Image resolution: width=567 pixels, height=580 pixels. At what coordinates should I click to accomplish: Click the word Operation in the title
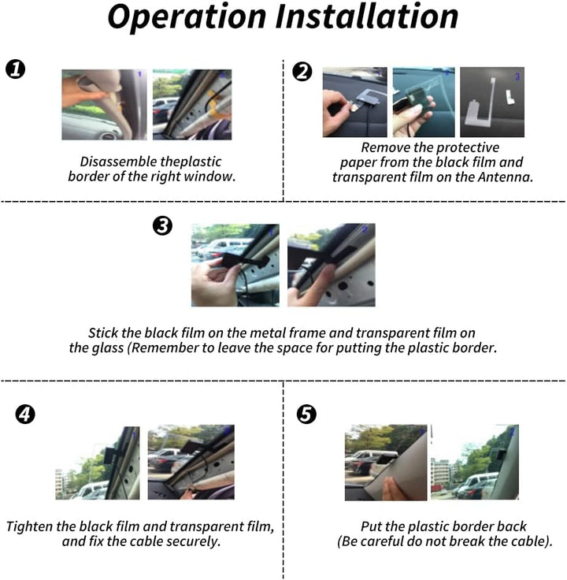click(187, 18)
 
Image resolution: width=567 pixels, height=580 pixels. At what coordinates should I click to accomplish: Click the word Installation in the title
click(367, 17)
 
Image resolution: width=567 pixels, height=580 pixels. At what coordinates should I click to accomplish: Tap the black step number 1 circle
click(16, 69)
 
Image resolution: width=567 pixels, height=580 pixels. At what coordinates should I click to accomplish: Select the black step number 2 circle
click(302, 72)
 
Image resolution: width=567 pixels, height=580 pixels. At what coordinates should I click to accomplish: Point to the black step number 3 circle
click(163, 225)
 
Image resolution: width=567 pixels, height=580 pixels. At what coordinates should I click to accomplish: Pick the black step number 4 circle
click(25, 415)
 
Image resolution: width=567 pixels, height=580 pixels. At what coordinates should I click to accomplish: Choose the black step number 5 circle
click(306, 414)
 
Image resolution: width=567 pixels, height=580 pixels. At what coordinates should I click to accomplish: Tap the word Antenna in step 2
click(505, 177)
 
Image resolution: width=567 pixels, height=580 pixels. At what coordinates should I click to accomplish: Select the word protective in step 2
click(466, 148)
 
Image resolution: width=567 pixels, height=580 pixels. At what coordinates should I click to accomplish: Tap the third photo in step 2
click(492, 102)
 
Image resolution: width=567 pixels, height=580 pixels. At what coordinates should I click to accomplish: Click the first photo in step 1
click(104, 105)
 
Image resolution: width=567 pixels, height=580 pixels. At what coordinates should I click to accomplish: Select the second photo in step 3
click(332, 265)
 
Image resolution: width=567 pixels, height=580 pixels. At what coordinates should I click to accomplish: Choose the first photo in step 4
click(98, 463)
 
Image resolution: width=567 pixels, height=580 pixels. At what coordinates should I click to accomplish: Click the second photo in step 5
click(475, 463)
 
